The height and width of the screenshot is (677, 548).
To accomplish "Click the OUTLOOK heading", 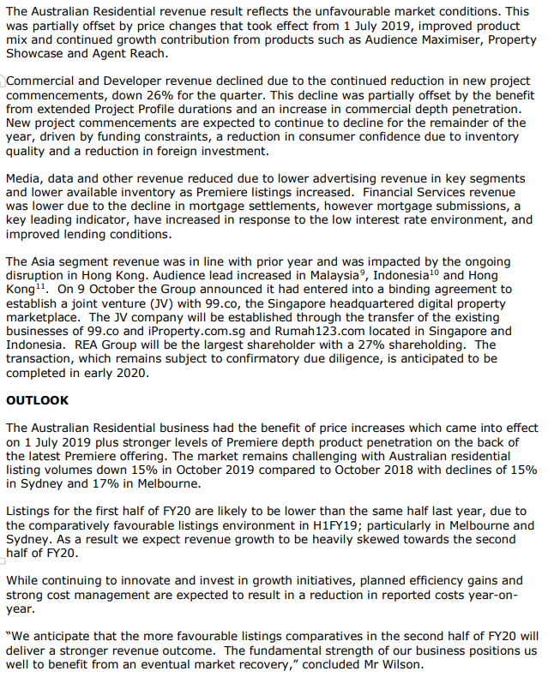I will [x=37, y=400].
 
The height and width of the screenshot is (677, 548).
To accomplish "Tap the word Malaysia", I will [x=327, y=276].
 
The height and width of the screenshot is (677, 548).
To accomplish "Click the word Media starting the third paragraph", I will [x=23, y=179].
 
